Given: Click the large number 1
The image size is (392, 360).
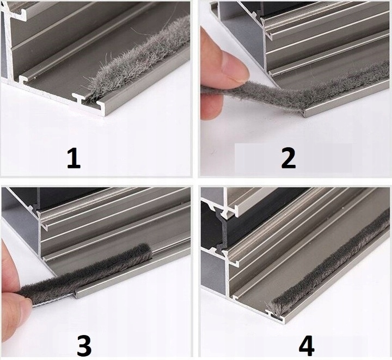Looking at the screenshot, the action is click(x=74, y=158).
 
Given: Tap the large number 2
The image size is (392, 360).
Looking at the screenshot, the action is click(x=288, y=158).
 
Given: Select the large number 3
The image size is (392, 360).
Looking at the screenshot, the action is click(x=84, y=346).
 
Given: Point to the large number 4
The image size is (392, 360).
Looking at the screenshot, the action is click(x=307, y=346).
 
